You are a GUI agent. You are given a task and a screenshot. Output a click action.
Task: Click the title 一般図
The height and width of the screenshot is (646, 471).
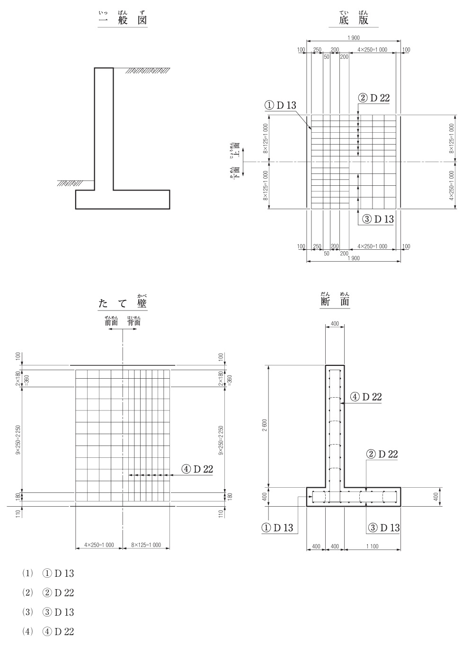pyautogui.click(x=123, y=20)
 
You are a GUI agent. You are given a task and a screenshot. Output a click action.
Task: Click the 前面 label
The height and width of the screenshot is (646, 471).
pyautogui.click(x=111, y=322)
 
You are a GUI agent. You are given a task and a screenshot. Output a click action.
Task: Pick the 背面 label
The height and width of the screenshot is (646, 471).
pyautogui.click(x=134, y=322)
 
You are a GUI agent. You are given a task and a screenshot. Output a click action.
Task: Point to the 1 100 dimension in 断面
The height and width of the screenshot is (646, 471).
pyautogui.click(x=372, y=546)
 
